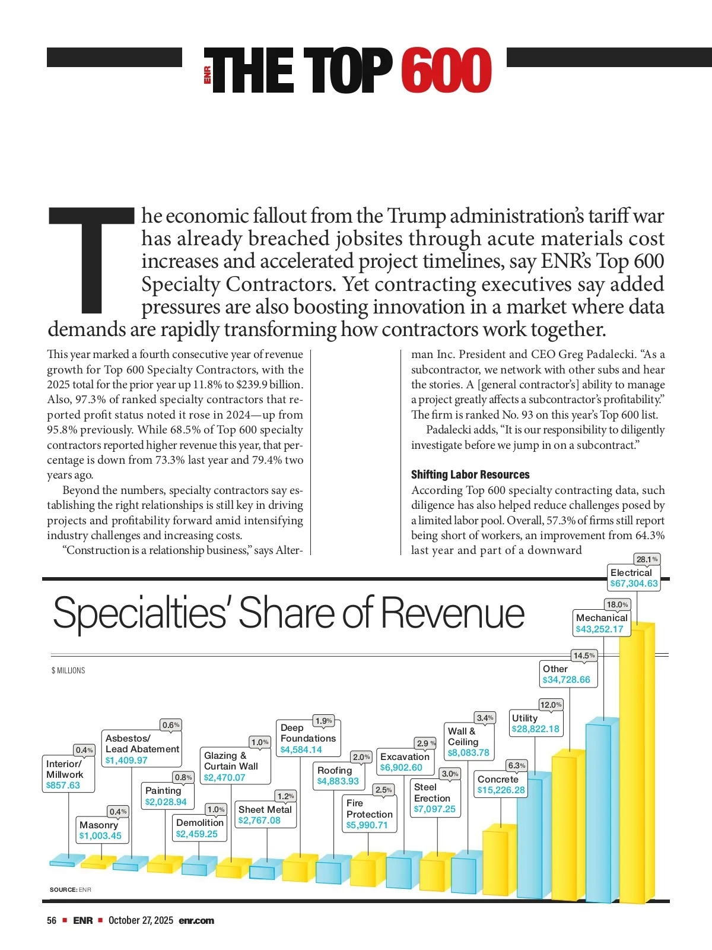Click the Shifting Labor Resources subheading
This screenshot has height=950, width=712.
(x=470, y=474)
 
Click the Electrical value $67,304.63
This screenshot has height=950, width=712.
(x=634, y=584)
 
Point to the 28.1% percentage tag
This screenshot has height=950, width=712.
(x=647, y=559)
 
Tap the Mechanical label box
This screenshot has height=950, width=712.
(x=601, y=623)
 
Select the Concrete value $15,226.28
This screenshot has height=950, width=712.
(x=501, y=790)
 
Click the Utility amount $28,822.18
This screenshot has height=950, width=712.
(x=535, y=729)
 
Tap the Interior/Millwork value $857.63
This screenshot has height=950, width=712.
(x=63, y=786)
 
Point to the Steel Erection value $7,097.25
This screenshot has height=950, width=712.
(x=434, y=809)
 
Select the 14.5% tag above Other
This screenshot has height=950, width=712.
(x=584, y=655)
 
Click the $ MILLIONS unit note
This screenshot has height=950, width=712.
(x=68, y=670)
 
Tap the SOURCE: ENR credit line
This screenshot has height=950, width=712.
(x=70, y=889)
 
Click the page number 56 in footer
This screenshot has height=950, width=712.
(x=52, y=920)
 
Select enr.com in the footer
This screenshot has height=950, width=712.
(x=196, y=920)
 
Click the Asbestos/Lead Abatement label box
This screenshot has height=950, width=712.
(x=142, y=749)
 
